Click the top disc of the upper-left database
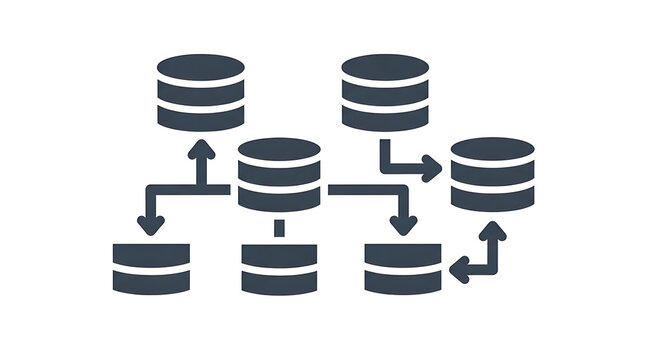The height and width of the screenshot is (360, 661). (x=201, y=69)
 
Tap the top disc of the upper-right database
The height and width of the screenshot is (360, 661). (x=385, y=69)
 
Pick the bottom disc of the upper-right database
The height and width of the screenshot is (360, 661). (x=385, y=118)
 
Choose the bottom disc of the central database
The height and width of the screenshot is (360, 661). (x=280, y=199)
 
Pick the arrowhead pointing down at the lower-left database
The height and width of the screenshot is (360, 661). (x=151, y=224)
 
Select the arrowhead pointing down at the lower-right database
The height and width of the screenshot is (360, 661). (x=403, y=224)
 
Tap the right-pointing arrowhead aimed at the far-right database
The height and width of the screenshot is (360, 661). (x=431, y=169)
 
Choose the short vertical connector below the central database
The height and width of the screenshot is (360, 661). (x=280, y=229)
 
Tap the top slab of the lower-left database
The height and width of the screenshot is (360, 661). (x=151, y=254)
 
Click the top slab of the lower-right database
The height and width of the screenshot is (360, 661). (x=403, y=254)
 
